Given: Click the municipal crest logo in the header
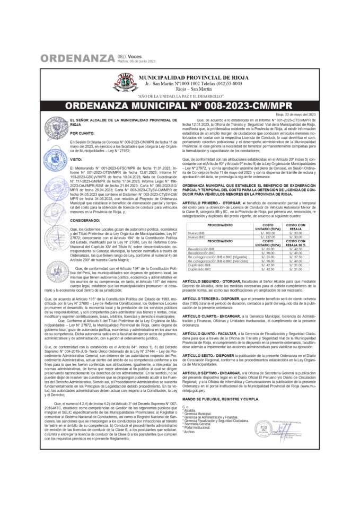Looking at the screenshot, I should point(124,83).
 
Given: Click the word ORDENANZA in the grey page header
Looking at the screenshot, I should point(77,58).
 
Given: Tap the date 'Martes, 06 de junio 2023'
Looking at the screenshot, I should point(136,61).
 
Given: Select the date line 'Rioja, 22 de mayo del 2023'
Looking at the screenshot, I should point(296,115).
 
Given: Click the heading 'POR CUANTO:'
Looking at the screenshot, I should point(82,133).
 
